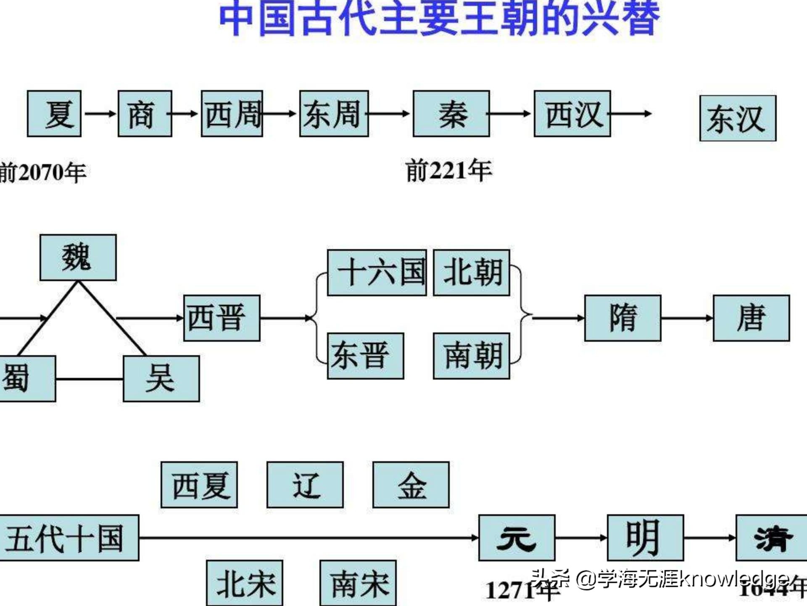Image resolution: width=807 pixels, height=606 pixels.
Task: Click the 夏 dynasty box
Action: (54, 114)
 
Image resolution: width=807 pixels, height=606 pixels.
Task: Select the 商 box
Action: (145, 114)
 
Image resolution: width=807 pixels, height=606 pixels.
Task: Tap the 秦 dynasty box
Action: (451, 114)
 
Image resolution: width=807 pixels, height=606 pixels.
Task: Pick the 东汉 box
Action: (738, 118)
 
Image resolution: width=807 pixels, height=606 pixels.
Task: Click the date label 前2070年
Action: (43, 173)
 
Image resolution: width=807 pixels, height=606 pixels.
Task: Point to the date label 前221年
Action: (448, 171)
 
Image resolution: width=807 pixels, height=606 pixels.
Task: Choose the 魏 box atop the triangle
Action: (78, 258)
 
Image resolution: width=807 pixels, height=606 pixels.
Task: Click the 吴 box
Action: (161, 378)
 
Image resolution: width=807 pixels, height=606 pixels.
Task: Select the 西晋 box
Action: (222, 318)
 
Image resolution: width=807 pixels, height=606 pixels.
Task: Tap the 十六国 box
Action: (377, 272)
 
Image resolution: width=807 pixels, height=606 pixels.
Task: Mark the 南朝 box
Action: (472, 356)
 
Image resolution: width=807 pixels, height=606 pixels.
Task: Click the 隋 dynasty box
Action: (622, 318)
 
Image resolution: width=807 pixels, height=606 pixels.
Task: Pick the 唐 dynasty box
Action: (751, 318)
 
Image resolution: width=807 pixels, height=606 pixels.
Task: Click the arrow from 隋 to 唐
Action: (687, 318)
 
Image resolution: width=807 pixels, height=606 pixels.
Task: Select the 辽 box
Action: (305, 485)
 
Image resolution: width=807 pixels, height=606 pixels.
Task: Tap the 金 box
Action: (411, 485)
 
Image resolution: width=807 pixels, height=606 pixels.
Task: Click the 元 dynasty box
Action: (517, 538)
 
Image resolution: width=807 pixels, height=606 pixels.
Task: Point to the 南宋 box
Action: (358, 583)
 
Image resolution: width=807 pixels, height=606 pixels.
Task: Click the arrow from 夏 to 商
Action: (100, 114)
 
